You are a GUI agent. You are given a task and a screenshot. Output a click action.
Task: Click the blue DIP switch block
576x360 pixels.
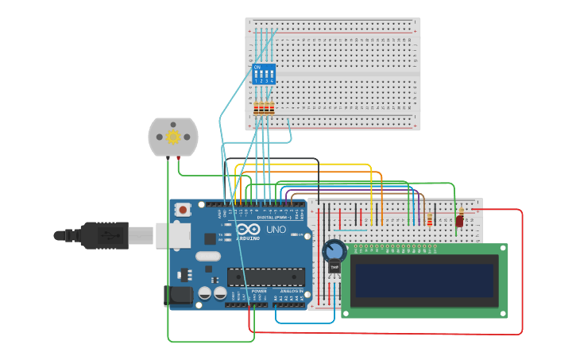click(x=264, y=74)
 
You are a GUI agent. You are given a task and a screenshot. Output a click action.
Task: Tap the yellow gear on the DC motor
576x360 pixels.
click(x=172, y=137)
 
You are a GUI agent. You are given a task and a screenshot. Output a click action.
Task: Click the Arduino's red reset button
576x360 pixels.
click(x=184, y=211)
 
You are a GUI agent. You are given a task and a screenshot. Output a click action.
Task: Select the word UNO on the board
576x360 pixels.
click(x=276, y=230)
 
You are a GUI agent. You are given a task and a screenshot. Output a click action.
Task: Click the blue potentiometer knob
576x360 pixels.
click(x=334, y=252)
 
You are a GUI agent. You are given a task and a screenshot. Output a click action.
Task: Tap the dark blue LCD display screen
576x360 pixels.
click(x=424, y=281)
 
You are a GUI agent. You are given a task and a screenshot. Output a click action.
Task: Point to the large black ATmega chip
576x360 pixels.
click(x=266, y=277)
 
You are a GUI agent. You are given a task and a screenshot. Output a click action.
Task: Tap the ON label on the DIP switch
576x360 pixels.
click(x=257, y=68)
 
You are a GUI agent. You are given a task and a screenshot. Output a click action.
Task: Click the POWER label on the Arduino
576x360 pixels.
click(x=259, y=291)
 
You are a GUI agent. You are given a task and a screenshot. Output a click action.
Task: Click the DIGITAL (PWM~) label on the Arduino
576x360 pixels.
click(x=273, y=217)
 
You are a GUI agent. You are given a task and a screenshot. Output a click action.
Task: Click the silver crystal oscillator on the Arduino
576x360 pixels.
click(x=207, y=256)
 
